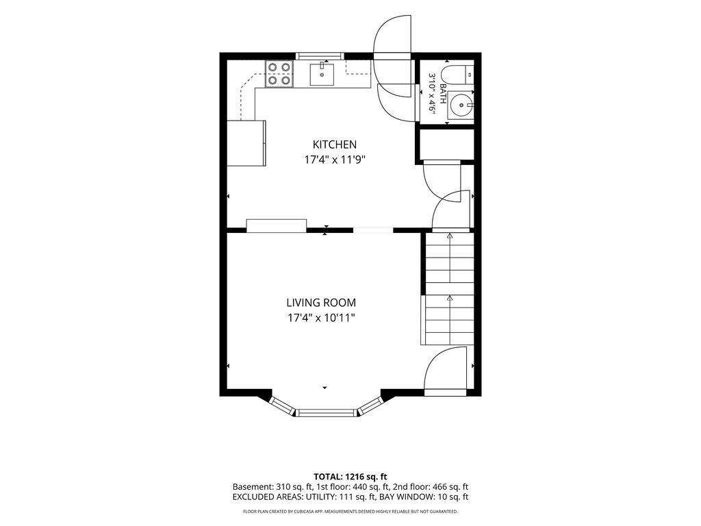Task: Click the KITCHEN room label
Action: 334,145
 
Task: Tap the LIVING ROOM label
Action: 321,303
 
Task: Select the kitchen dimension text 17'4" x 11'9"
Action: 335,160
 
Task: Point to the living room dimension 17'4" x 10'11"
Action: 321,318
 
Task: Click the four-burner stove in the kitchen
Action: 279,74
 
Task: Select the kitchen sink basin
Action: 322,74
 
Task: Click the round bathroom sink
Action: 460,105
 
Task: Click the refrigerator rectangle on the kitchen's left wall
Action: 246,143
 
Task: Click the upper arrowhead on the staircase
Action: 450,236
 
